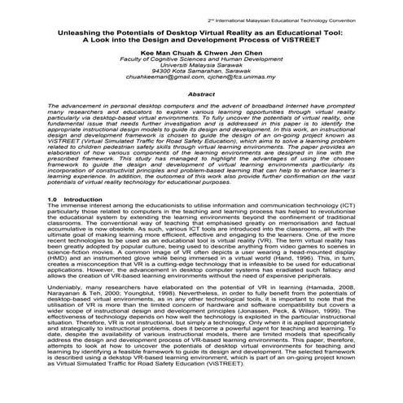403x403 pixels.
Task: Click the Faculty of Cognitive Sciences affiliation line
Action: coord(201,59)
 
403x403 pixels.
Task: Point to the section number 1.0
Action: coord(30,221)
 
